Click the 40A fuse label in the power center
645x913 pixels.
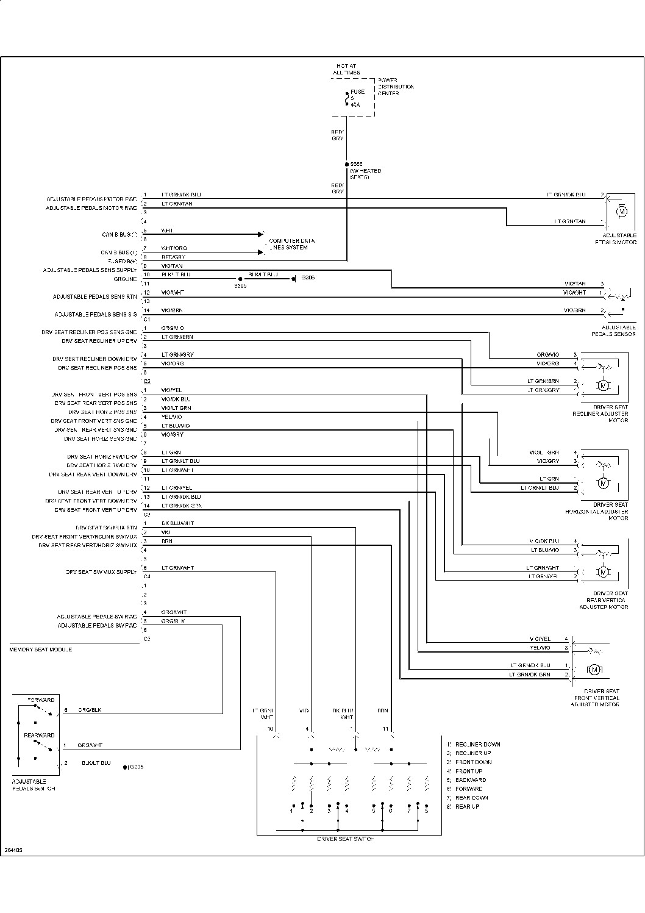point(354,104)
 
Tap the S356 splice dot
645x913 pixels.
point(346,164)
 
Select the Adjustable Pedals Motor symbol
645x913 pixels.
point(622,211)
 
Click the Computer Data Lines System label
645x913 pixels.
point(291,244)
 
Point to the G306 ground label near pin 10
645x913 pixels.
point(308,277)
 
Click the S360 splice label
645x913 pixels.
point(240,285)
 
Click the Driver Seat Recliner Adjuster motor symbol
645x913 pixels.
point(603,385)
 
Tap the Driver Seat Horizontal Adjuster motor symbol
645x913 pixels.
point(603,483)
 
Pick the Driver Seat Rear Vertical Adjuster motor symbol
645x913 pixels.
point(603,571)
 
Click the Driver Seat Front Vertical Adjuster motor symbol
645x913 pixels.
point(594,670)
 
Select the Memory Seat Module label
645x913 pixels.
point(40,650)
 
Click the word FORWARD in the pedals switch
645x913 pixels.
point(41,700)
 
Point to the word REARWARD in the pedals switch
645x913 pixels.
point(40,736)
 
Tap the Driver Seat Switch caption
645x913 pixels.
point(346,839)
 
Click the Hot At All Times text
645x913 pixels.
point(346,69)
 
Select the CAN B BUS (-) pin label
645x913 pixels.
point(119,235)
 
